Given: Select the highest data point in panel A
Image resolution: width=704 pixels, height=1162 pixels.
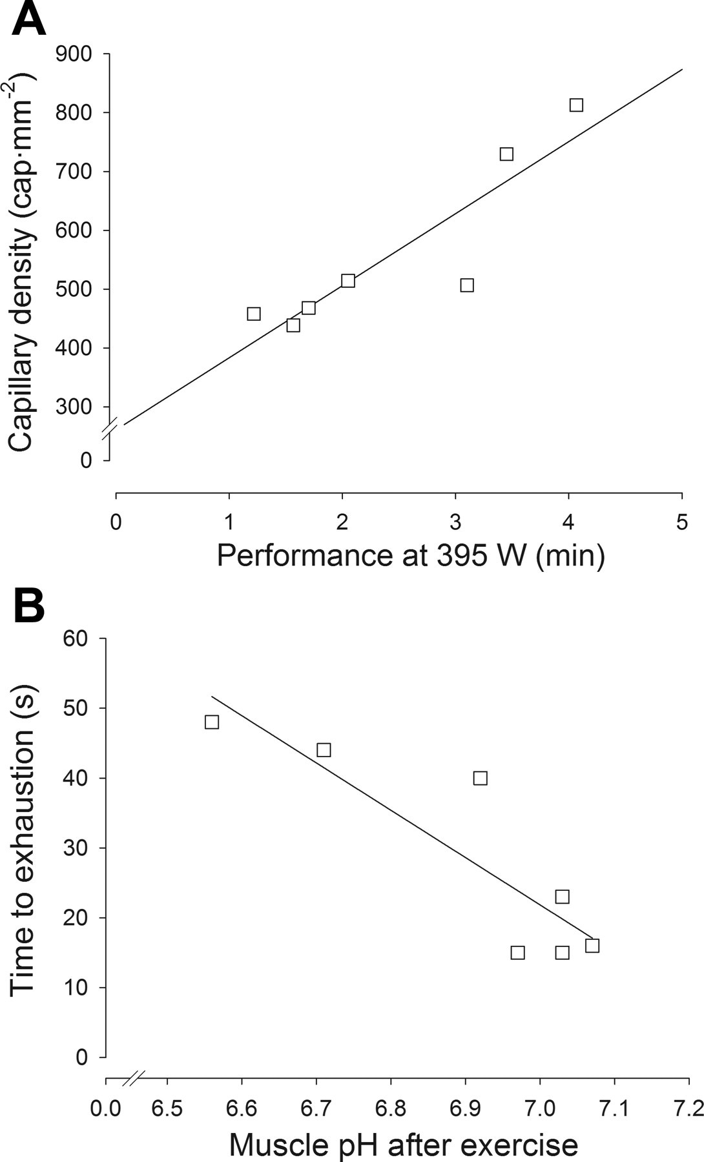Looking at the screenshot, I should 576,105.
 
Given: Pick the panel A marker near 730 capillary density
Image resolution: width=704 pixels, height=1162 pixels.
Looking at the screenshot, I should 506,154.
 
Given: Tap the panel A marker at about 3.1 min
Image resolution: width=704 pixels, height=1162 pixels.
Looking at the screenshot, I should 467,285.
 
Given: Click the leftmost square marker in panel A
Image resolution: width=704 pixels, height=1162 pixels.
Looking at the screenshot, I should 254,314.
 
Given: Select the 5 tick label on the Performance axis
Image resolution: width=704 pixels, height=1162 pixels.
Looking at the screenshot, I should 681,522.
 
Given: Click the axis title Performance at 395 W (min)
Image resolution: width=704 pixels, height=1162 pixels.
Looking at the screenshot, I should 411,555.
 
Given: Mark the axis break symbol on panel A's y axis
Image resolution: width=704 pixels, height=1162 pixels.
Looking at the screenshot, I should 110,429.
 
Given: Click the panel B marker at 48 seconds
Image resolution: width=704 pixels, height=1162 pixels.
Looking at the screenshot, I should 212,722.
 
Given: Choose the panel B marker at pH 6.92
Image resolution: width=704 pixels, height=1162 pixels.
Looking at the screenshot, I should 480,778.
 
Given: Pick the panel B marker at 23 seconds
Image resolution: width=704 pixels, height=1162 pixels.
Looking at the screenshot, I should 562,897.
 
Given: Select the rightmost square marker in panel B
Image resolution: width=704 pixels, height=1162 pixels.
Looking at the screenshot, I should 592,946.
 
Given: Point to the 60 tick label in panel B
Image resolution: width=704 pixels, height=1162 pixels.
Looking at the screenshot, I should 75,638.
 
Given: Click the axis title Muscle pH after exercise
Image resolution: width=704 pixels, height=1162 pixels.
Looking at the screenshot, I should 404,1145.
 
